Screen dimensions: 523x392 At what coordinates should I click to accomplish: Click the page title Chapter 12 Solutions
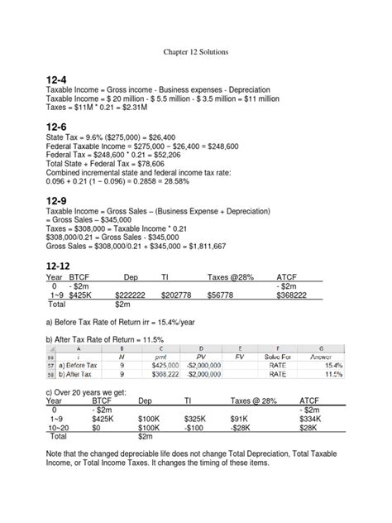pos(195,51)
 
